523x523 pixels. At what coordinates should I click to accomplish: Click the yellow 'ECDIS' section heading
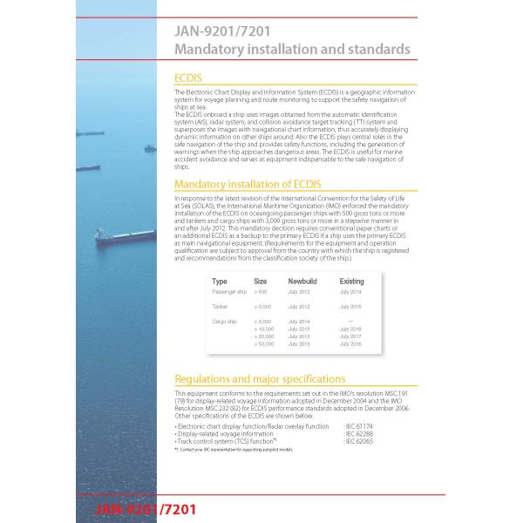click(188, 78)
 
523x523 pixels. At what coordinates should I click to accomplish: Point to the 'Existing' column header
click(351, 282)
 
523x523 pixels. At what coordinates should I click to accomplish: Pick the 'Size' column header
click(260, 282)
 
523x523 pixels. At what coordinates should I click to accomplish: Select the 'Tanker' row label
click(220, 307)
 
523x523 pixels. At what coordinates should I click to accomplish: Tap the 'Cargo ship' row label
click(224, 321)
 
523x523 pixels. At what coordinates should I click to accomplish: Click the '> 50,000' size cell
click(263, 344)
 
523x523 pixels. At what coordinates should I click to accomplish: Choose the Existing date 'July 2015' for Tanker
click(350, 307)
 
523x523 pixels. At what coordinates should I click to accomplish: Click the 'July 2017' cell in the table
click(350, 336)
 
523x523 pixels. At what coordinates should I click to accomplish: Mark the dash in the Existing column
click(350, 321)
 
